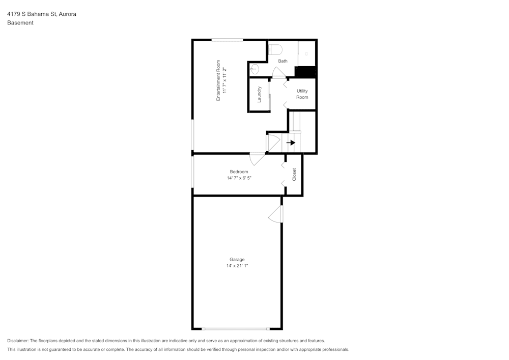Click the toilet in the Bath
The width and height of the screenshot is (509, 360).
[275, 50]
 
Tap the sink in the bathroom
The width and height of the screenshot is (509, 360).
[254, 69]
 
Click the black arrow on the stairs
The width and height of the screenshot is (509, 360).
[291, 143]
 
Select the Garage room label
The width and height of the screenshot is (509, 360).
[237, 259]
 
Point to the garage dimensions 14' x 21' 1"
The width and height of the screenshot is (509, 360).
[237, 265]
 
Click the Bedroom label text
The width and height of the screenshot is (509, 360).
[239, 172]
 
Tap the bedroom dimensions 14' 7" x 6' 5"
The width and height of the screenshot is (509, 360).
[239, 178]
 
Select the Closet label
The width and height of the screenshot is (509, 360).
[294, 175]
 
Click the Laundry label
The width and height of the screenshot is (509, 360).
[259, 95]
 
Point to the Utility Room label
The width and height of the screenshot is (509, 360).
[302, 94]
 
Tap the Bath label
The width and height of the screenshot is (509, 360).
[282, 61]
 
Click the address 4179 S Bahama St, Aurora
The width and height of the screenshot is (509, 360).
[42, 14]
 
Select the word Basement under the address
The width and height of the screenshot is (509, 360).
[20, 23]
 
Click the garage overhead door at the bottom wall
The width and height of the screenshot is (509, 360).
[236, 329]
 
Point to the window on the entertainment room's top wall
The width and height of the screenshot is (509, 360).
[227, 40]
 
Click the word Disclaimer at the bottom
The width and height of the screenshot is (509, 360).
[18, 341]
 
